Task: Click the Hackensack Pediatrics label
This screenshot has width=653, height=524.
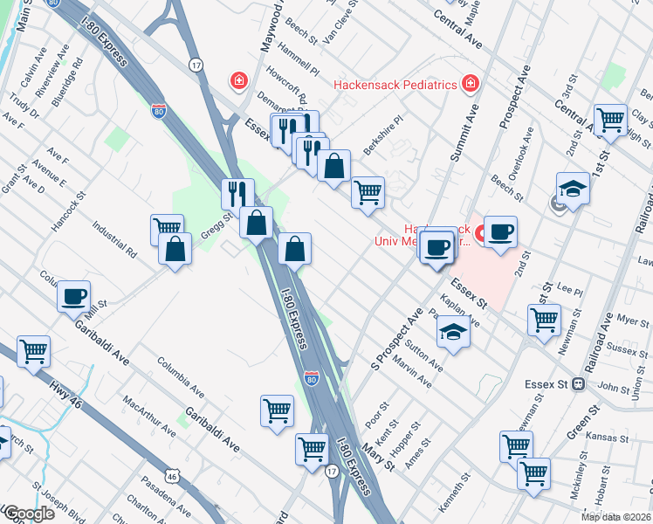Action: point(395,85)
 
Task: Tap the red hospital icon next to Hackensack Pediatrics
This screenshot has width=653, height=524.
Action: point(471,84)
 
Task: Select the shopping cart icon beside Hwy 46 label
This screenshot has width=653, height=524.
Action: point(33,351)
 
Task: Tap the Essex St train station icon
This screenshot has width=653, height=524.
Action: point(577,384)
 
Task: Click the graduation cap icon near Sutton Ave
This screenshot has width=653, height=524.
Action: point(453,333)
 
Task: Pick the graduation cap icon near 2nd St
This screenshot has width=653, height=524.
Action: point(573,189)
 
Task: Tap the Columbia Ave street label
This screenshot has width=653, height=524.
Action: point(181,373)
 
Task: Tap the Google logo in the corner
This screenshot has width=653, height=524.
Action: point(28,514)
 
